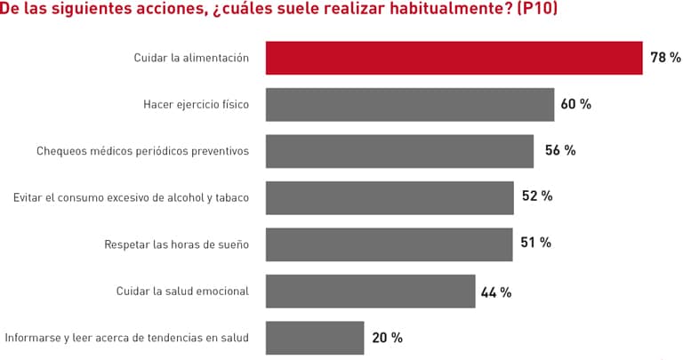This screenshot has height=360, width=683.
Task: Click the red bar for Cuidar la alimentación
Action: (x=454, y=58)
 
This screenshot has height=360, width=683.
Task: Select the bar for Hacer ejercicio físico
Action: (x=410, y=104)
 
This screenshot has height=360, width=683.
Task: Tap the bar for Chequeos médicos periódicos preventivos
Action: (x=399, y=151)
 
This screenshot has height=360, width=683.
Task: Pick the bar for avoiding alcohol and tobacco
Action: (x=390, y=197)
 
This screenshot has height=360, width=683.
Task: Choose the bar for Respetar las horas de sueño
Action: (x=389, y=244)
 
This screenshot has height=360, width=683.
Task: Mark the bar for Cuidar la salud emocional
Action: (x=370, y=291)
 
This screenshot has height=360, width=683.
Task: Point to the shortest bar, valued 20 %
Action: (x=315, y=338)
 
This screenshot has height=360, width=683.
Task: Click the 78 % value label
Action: (x=665, y=58)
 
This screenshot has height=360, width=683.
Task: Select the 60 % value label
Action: (x=575, y=104)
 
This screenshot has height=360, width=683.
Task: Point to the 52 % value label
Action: (x=536, y=196)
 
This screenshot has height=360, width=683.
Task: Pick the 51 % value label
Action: (x=535, y=243)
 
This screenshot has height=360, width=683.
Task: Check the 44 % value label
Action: (x=496, y=292)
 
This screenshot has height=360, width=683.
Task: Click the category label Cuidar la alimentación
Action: (x=191, y=58)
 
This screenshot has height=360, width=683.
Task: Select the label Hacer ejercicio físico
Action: (x=196, y=104)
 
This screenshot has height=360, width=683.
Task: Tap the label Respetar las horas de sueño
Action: (x=176, y=244)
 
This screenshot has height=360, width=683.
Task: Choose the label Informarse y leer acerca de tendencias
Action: (x=126, y=338)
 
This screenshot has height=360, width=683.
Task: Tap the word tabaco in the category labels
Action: (x=230, y=197)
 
